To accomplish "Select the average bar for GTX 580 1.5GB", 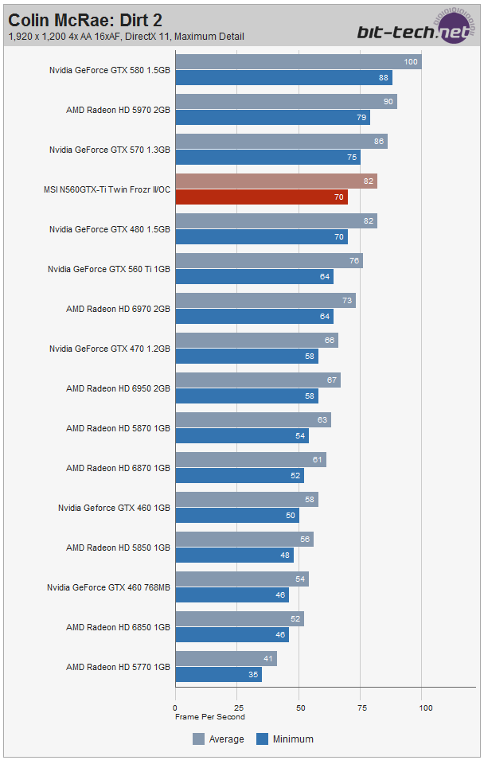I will pos(298,62).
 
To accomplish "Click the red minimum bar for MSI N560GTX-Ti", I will pos(261,197).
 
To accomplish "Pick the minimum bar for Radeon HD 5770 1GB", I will pos(218,674).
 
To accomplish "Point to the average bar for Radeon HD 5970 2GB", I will pos(286,102).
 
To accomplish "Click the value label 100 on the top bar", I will pos(411,62).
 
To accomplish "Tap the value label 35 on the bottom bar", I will pos(253,674).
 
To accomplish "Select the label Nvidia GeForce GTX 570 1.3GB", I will pos(110,150).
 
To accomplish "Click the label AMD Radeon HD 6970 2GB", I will pos(118,309).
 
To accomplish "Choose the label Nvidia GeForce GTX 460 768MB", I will pos(108,587).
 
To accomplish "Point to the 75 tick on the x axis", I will pos(362,707).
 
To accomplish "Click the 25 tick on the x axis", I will pos(237,707).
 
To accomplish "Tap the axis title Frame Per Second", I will pos(210,717).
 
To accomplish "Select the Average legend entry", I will pos(218,739).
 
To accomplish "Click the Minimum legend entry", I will pos(285,739).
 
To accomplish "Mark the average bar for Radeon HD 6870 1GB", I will pos(250,460).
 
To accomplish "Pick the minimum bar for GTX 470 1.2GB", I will pos(246,356).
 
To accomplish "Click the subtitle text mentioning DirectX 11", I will pos(126,36).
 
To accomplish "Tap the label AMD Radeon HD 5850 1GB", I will pos(118,548).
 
